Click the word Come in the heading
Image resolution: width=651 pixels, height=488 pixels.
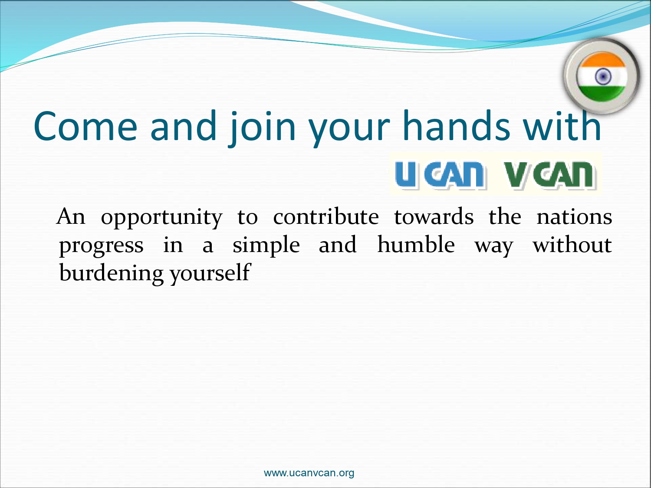pyautogui.click(x=85, y=126)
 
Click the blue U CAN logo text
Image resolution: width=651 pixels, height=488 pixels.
pyautogui.click(x=441, y=175)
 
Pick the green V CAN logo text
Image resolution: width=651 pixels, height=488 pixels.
pyautogui.click(x=550, y=175)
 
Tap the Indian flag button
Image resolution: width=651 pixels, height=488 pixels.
pyautogui.click(x=602, y=76)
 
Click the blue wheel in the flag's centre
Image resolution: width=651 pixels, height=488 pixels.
pyautogui.click(x=603, y=77)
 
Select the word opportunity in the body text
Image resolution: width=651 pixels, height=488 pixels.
pyautogui.click(x=161, y=218)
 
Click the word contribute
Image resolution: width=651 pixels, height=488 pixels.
pyautogui.click(x=326, y=216)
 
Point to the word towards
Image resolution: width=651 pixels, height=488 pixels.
pyautogui.click(x=434, y=216)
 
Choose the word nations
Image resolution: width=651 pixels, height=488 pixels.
pyautogui.click(x=575, y=217)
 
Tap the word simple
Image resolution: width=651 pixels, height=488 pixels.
pyautogui.click(x=266, y=246)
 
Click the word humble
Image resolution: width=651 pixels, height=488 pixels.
pyautogui.click(x=416, y=245)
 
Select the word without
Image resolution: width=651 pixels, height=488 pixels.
pyautogui.click(x=572, y=245)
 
